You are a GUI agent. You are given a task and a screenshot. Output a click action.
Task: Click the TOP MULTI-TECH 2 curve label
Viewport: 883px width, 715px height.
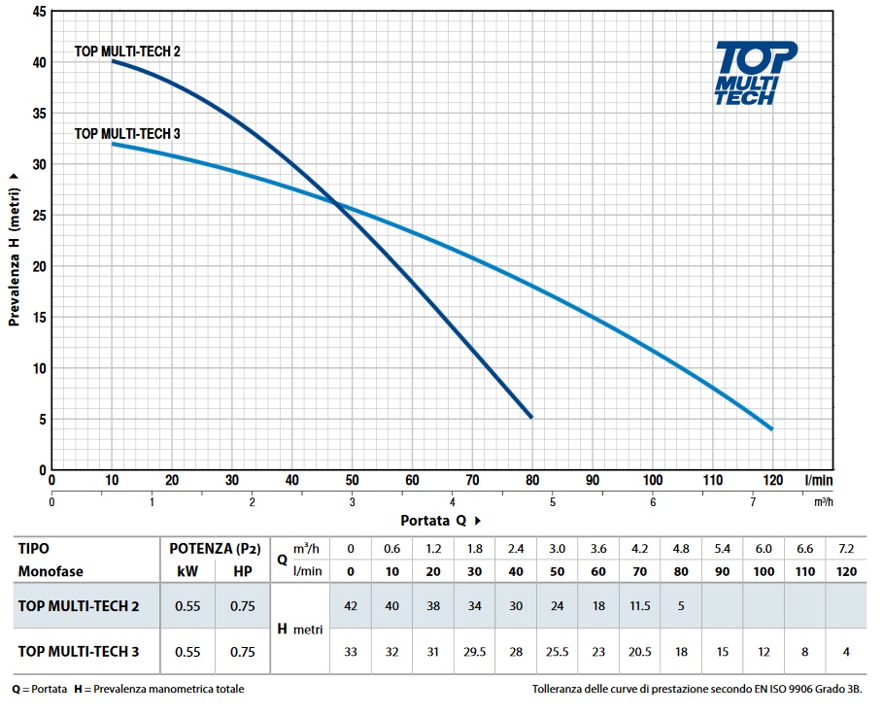(128, 51)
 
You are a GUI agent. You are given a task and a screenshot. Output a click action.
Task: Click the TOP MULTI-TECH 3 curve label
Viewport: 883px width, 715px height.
(128, 134)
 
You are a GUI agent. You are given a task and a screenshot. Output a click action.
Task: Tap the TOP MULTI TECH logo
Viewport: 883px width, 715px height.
(755, 73)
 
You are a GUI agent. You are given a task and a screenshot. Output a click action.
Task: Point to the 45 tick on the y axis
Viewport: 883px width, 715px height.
(39, 12)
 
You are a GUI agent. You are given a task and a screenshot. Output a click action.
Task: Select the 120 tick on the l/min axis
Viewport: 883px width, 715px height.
(772, 480)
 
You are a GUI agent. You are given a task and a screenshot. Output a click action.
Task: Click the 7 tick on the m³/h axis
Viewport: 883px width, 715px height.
(753, 501)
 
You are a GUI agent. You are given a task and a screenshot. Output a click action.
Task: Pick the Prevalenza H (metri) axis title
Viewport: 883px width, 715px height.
(15, 250)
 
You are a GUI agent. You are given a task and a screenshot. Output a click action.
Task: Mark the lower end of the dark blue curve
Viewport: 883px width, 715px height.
(531, 417)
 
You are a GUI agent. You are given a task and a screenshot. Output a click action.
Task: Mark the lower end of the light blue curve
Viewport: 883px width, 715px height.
(772, 428)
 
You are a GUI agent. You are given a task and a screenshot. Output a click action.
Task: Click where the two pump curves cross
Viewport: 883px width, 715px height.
(336, 202)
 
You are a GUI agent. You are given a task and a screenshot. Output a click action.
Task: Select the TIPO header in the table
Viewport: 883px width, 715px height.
(34, 548)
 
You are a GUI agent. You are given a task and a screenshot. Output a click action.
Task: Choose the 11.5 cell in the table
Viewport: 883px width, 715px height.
(638, 606)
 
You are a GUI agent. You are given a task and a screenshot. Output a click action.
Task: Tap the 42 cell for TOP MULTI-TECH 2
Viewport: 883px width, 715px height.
(351, 606)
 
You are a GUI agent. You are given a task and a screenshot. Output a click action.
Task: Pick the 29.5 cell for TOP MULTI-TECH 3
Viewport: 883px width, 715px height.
(475, 651)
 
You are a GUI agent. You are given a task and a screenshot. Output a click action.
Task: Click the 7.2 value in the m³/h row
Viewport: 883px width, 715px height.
(846, 548)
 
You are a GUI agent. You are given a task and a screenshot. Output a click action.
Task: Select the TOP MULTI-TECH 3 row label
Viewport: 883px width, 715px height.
(78, 651)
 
